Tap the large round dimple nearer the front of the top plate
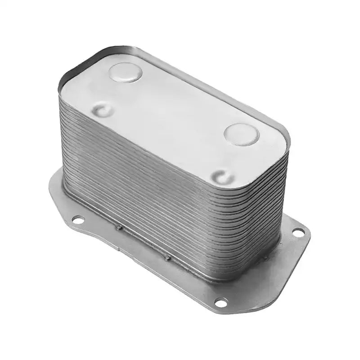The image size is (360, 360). tap(241, 134)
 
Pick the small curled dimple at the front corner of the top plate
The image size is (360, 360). tap(223, 176)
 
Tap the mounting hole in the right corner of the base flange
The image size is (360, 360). tap(298, 232)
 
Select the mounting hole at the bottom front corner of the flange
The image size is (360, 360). tap(221, 302)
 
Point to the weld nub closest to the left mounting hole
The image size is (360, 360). tap(119, 227)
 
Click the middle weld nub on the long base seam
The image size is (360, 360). tap(167, 257)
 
